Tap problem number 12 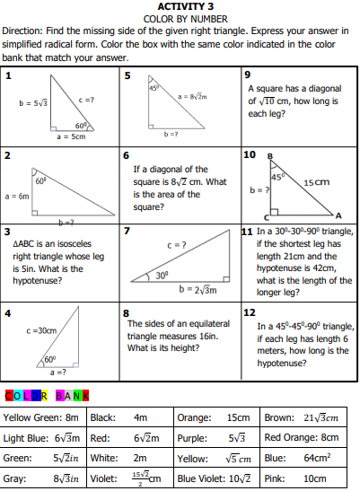click(250, 311)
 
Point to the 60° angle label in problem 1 click(80, 127)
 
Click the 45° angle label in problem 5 click(154, 87)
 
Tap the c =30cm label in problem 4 click(42, 330)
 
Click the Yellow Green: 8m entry click(41, 417)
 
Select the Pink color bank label click(276, 478)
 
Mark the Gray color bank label click(15, 478)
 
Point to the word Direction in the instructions click(22, 30)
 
